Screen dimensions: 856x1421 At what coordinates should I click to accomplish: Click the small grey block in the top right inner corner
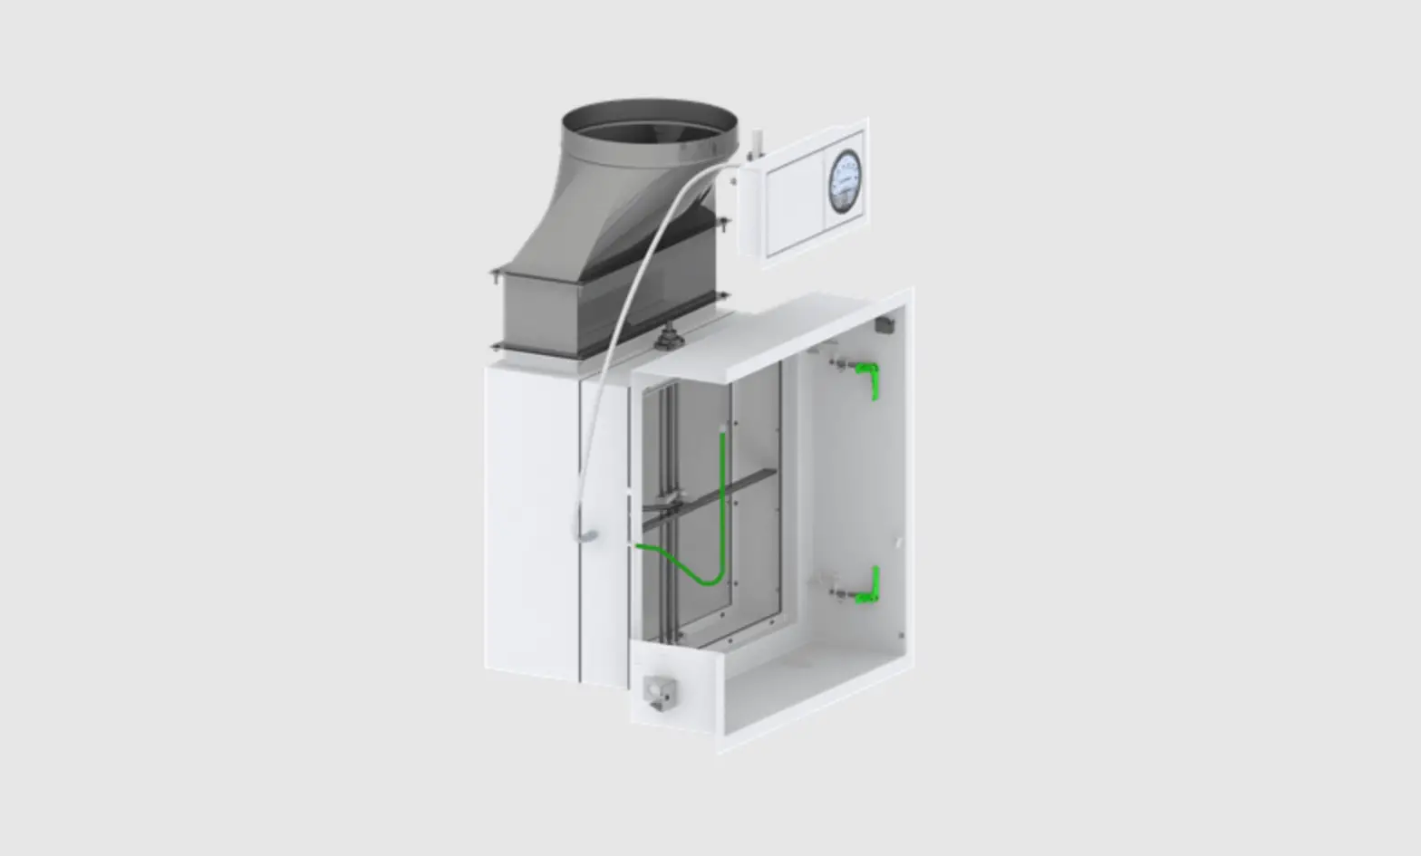click(x=883, y=323)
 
